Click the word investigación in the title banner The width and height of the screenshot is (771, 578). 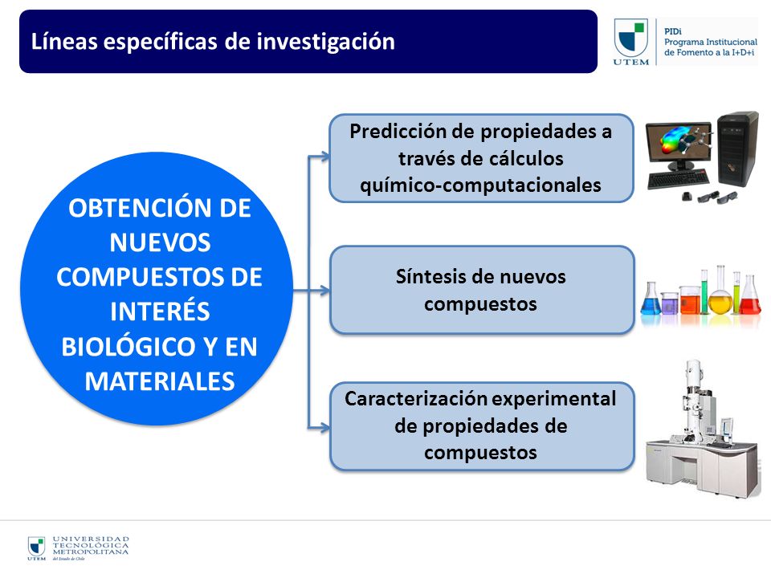click(x=325, y=42)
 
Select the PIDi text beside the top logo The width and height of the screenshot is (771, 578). click(x=673, y=31)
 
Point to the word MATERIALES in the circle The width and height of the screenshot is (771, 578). click(x=160, y=381)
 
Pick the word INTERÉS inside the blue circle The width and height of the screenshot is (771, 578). click(x=160, y=311)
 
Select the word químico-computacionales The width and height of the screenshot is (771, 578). click(x=480, y=185)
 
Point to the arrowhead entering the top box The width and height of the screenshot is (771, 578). click(x=325, y=157)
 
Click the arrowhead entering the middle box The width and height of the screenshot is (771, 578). click(x=325, y=290)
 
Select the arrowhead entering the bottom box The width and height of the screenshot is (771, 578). click(x=325, y=427)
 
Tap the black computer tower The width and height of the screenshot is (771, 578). click(x=737, y=149)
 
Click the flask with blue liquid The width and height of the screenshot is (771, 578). click(x=651, y=299)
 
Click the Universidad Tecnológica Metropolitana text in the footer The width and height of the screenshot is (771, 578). click(x=91, y=546)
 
